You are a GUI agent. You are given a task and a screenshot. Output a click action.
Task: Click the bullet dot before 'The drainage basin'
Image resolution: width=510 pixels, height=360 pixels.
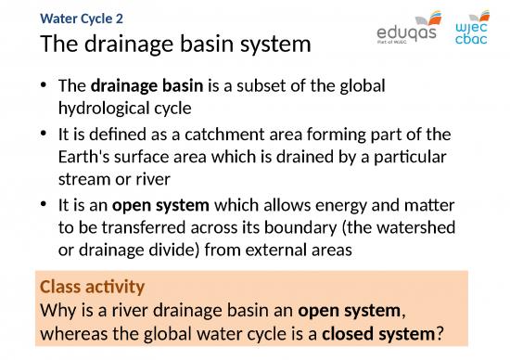tap(45, 86)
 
